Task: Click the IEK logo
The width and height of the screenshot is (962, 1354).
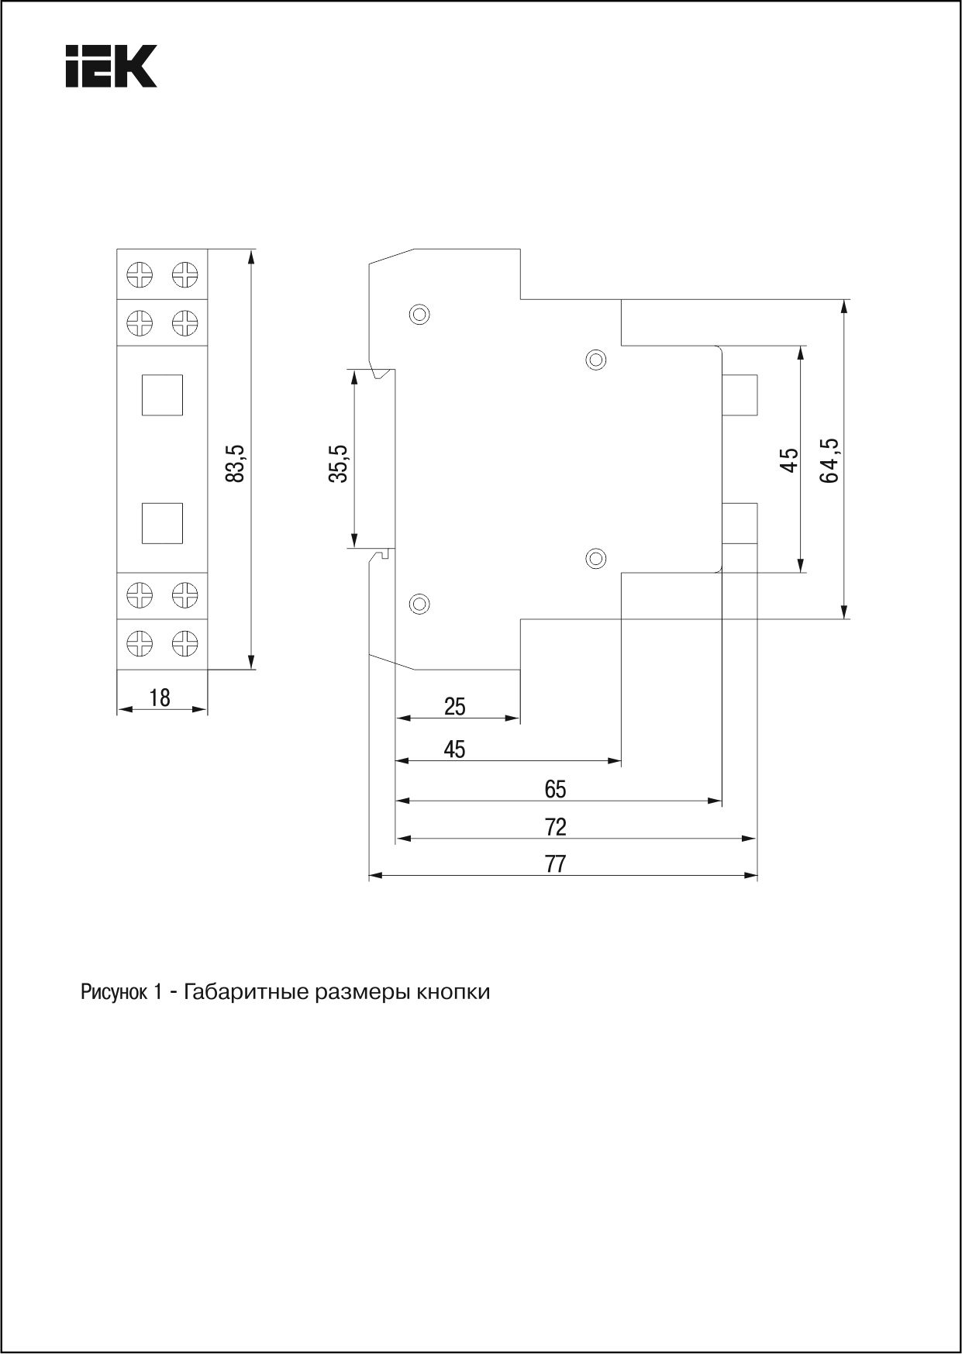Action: pos(111,66)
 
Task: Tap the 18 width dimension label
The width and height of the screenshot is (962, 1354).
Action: pos(160,698)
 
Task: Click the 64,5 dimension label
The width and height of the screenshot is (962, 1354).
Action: pos(829,460)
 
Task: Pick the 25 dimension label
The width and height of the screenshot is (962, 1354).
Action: pos(455,707)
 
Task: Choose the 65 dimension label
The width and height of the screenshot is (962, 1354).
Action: pos(556,790)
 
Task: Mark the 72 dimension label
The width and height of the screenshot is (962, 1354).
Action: pos(556,827)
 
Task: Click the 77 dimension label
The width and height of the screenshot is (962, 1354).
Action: pos(556,864)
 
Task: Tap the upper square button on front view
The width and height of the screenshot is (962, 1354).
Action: pos(162,394)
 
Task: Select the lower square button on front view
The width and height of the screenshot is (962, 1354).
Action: pos(162,523)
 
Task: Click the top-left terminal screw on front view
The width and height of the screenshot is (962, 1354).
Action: pos(140,274)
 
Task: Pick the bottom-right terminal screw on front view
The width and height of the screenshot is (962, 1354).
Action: pos(184,643)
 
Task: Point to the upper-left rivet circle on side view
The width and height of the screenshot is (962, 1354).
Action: pos(419,314)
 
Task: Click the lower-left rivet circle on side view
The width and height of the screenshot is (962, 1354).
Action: pos(419,603)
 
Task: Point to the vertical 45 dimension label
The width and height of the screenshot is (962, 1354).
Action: pos(789,460)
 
